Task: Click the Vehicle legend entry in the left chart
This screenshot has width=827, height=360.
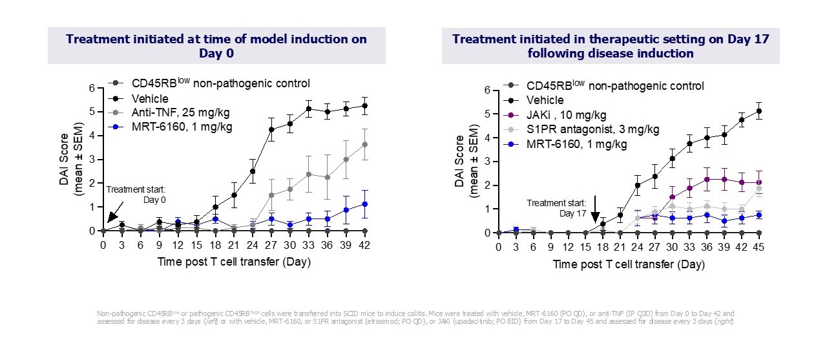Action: [150, 99]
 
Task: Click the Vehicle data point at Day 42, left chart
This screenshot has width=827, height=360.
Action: [366, 105]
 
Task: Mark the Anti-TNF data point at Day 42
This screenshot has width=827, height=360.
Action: [366, 144]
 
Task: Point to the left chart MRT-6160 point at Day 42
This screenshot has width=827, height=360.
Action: [366, 204]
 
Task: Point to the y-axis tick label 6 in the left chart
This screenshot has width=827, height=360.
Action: [92, 88]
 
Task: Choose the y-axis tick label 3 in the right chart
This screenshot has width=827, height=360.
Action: [487, 162]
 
